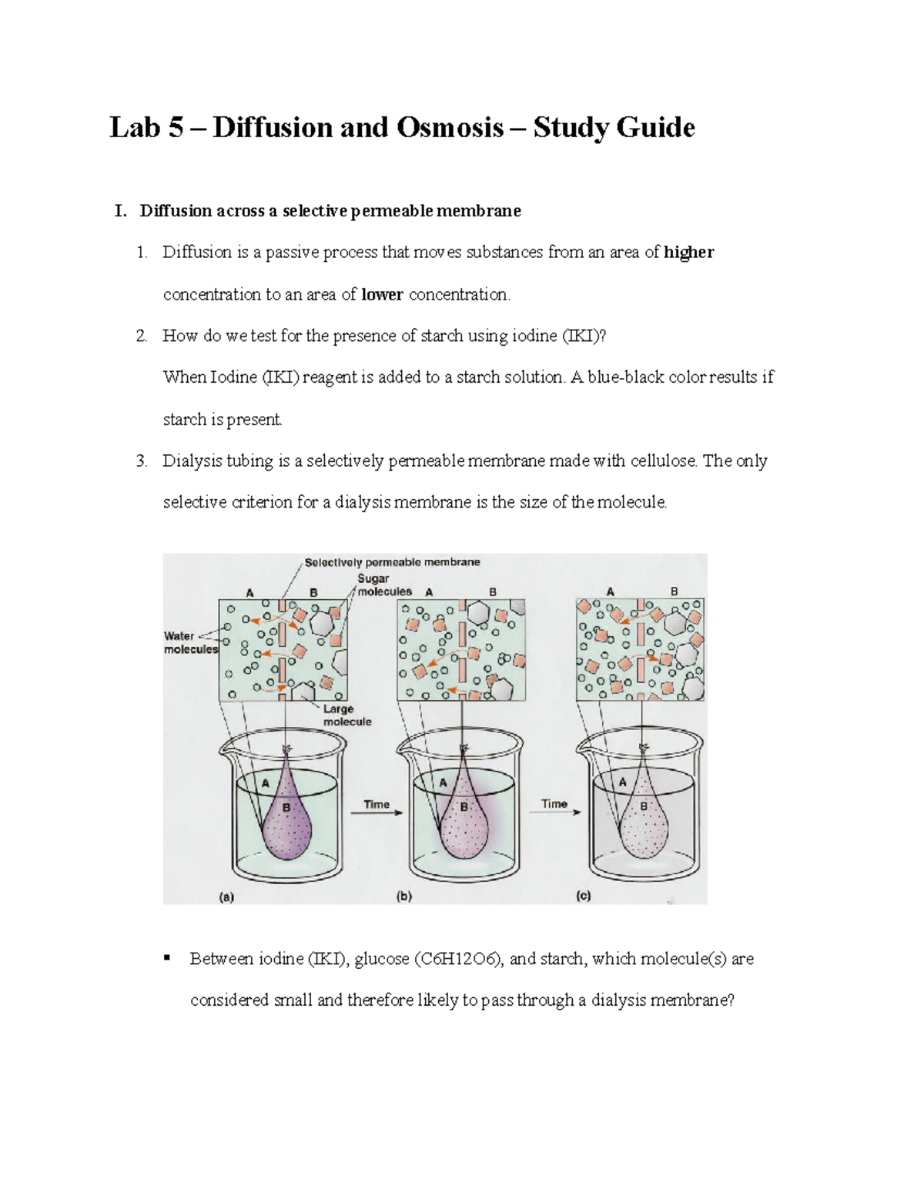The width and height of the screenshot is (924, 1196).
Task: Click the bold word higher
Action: point(688,253)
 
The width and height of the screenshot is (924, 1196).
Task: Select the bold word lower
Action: point(383,294)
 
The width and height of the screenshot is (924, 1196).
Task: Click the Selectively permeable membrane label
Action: point(392,562)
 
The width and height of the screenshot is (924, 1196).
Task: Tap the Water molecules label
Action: point(190,642)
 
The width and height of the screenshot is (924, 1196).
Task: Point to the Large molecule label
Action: point(346,715)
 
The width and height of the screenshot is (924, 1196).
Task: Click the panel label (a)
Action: point(227,896)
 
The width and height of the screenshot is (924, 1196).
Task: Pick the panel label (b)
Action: point(404,896)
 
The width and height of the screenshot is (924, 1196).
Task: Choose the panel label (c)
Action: point(584,896)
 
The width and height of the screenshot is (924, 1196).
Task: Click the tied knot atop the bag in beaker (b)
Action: point(464,749)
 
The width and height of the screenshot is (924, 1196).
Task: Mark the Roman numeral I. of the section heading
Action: point(119,211)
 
